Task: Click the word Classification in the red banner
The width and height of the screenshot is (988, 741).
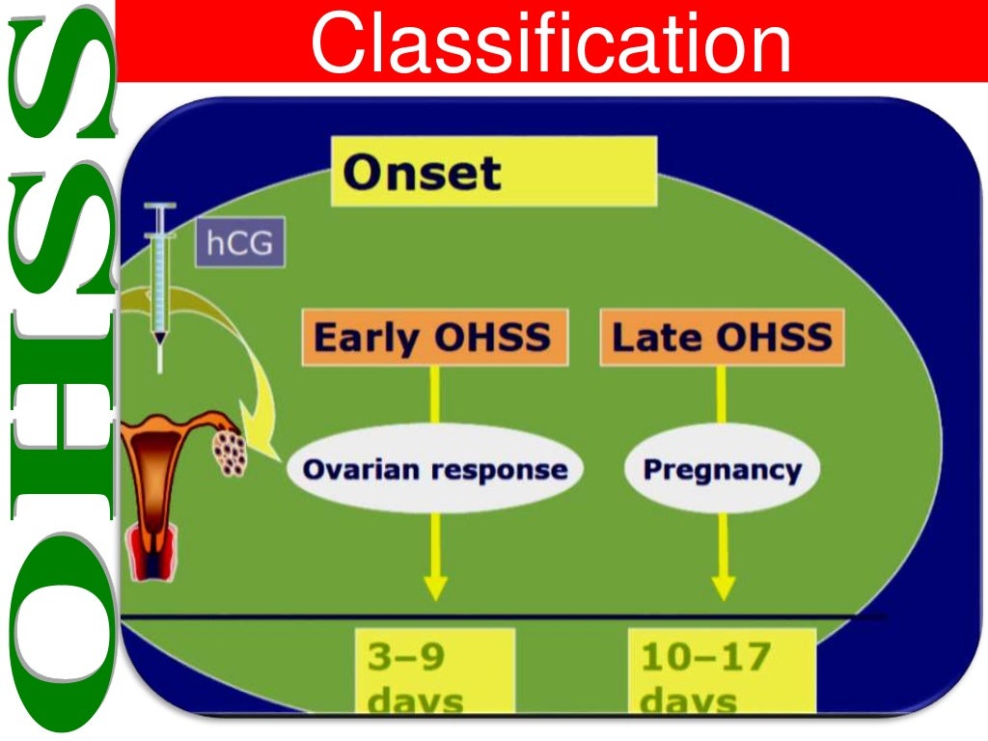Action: [550, 41]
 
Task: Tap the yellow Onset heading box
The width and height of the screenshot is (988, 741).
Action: [493, 172]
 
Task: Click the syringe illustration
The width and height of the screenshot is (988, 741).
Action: [158, 285]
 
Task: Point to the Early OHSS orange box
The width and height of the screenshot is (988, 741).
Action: [434, 339]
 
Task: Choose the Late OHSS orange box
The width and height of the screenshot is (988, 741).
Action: [722, 339]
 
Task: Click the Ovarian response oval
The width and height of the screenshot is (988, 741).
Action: [435, 470]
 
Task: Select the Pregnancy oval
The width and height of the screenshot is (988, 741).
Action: [722, 470]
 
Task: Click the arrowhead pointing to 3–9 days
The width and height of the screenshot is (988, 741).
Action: [435, 587]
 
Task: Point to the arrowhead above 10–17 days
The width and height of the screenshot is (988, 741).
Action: [723, 587]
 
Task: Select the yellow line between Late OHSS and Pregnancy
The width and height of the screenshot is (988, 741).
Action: [722, 400]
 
